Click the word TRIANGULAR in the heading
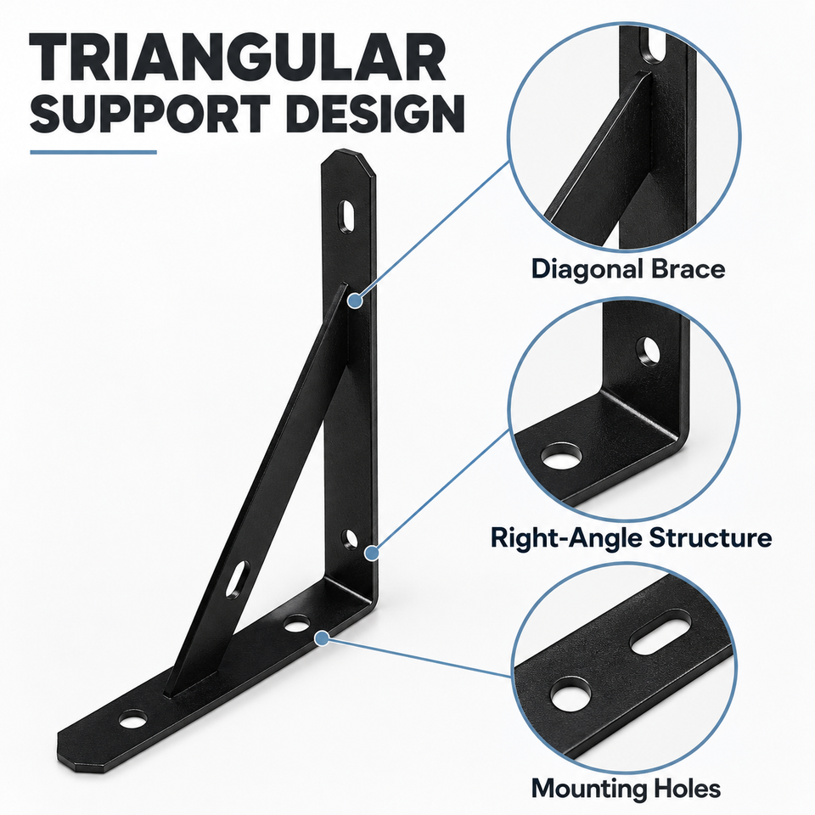(x=238, y=57)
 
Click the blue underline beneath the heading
(x=93, y=152)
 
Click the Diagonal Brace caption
(x=628, y=269)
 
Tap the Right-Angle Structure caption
(x=631, y=537)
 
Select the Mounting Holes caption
(x=626, y=789)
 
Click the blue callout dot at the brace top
(x=355, y=301)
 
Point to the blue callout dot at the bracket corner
(x=371, y=553)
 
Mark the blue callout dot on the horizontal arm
(x=323, y=638)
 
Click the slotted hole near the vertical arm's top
(x=346, y=216)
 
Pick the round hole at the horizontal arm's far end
(x=132, y=720)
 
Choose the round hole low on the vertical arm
(x=351, y=539)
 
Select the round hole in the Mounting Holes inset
(x=570, y=695)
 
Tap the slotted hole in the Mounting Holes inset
(x=661, y=632)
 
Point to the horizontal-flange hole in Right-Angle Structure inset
(x=561, y=457)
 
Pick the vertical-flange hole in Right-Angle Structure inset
(x=648, y=351)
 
